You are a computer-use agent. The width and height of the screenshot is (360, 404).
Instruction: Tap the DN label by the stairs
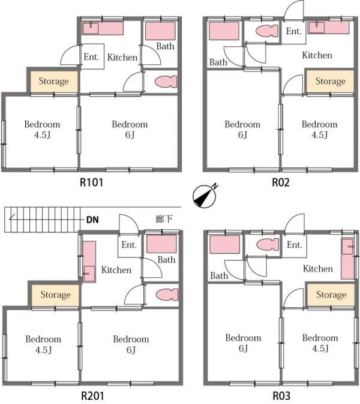pyautogui.click(x=92, y=220)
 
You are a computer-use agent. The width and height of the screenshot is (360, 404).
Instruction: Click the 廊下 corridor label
pyautogui.click(x=164, y=219)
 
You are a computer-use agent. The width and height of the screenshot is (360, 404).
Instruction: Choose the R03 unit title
pyautogui.click(x=281, y=396)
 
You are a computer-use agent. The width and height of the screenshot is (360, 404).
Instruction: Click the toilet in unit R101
pyautogui.click(x=163, y=81)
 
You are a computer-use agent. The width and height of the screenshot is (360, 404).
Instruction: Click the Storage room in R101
pyautogui.click(x=53, y=81)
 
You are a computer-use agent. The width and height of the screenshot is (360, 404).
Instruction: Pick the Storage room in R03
pyautogui.click(x=331, y=295)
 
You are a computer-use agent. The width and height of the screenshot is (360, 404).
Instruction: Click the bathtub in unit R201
pyautogui.click(x=161, y=244)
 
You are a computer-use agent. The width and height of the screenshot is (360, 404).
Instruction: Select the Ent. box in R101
pyautogui.click(x=91, y=58)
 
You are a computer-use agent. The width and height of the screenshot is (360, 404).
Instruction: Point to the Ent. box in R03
pyautogui.click(x=294, y=245)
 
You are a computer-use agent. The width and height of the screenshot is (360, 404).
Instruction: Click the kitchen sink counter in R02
pyautogui.click(x=328, y=27)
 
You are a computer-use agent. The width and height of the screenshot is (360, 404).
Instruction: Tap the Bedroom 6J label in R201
pyautogui.click(x=131, y=344)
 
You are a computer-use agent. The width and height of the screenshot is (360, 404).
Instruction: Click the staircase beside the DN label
pyautogui.click(x=42, y=220)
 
